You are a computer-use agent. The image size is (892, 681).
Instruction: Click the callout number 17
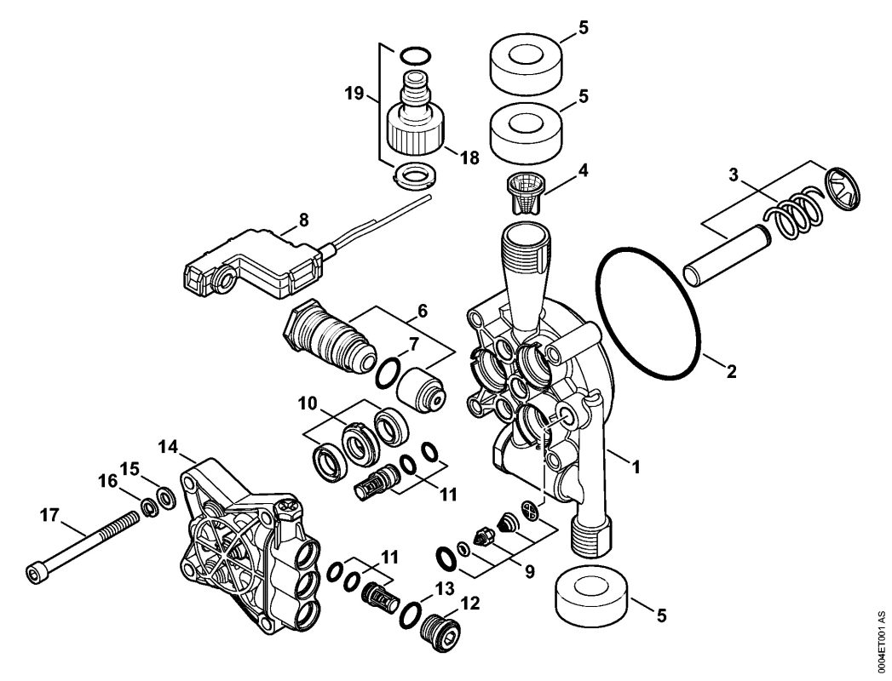(x=49, y=516)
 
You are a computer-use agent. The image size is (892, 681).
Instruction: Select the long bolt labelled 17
(x=83, y=544)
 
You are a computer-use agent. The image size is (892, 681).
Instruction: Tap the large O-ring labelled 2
(x=649, y=312)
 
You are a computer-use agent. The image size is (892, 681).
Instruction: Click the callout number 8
(x=303, y=220)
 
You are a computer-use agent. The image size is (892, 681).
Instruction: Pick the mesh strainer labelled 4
(x=527, y=194)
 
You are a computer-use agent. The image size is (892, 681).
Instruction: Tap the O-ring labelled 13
(x=410, y=614)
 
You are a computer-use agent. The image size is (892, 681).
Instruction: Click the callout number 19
(x=354, y=93)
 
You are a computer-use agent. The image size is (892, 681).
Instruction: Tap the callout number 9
(x=530, y=572)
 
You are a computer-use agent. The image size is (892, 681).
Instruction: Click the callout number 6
(x=422, y=312)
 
